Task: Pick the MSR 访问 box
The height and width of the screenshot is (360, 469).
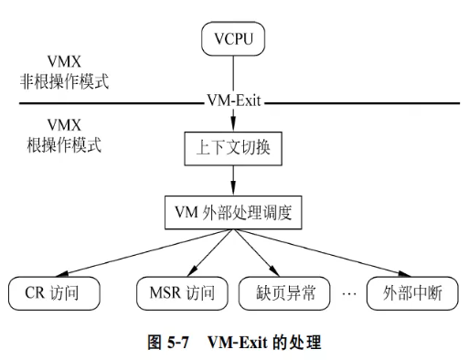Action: pos(181,292)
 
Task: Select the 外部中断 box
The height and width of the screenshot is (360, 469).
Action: pos(407,292)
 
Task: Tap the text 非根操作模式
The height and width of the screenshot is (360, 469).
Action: pos(57,79)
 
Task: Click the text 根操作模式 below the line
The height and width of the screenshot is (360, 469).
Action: pos(50,144)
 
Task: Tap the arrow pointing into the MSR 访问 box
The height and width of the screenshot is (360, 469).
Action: pos(206,254)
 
